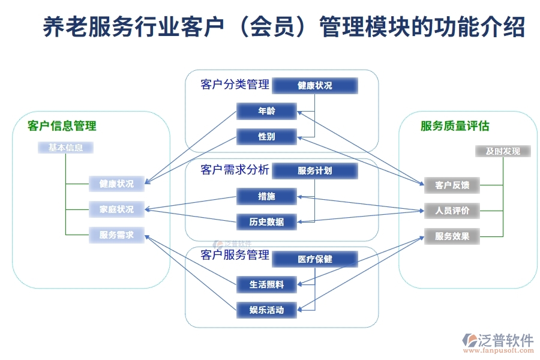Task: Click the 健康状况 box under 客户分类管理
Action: pyautogui.click(x=315, y=86)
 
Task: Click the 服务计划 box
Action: pyautogui.click(x=315, y=171)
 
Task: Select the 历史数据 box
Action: pyautogui.click(x=266, y=222)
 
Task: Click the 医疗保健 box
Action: pyautogui.click(x=315, y=259)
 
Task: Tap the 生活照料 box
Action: pyautogui.click(x=266, y=284)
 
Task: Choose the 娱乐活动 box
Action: pyautogui.click(x=266, y=310)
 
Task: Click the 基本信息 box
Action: pyautogui.click(x=65, y=148)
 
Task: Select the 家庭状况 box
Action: pyautogui.click(x=116, y=209)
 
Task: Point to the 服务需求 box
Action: pyautogui.click(x=116, y=235)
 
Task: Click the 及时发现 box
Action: pyautogui.click(x=503, y=151)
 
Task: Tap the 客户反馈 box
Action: pyautogui.click(x=452, y=185)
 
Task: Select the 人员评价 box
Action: pyautogui.click(x=452, y=211)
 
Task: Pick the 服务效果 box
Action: pyautogui.click(x=452, y=236)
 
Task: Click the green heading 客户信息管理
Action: pyautogui.click(x=62, y=126)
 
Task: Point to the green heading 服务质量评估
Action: pyautogui.click(x=455, y=126)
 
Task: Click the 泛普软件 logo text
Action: pyautogui.click(x=505, y=340)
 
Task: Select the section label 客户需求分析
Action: pyautogui.click(x=235, y=170)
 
